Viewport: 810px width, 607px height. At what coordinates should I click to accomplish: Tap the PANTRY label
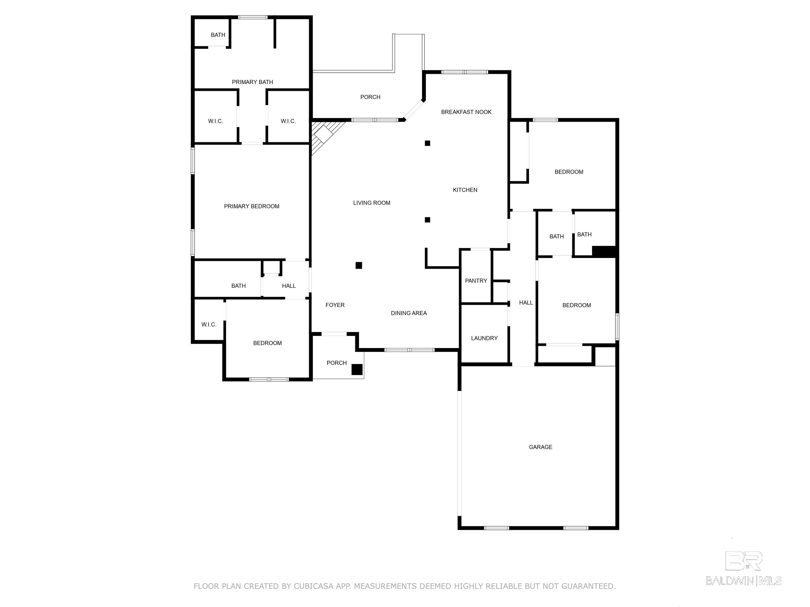click(x=476, y=281)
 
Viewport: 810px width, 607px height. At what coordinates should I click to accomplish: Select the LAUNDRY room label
click(x=484, y=338)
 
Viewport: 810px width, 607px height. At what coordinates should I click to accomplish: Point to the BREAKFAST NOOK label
click(x=466, y=112)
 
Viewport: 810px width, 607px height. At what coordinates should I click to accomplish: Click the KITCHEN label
click(x=465, y=190)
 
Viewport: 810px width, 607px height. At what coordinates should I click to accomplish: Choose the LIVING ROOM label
click(x=372, y=203)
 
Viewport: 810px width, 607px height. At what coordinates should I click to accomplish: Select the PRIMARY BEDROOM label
click(x=252, y=206)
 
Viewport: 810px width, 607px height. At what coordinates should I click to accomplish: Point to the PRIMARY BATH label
click(x=252, y=82)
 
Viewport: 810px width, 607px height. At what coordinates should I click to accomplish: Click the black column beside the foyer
click(x=359, y=265)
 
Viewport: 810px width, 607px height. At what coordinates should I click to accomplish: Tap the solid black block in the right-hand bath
click(x=604, y=251)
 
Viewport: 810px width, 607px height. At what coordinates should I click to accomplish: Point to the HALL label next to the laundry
click(x=526, y=303)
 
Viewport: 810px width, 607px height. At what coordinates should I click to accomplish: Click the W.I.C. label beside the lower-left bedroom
click(x=209, y=325)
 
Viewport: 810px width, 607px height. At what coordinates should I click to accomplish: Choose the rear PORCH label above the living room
click(x=370, y=97)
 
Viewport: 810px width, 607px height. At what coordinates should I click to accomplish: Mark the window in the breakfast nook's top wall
click(x=465, y=72)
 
